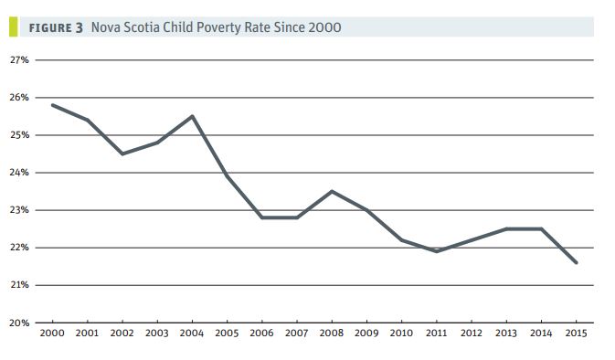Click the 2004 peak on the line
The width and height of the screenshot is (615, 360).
coord(192,116)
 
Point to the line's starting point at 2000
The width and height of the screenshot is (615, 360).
coord(52,105)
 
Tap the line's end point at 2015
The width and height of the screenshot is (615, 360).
coord(577,262)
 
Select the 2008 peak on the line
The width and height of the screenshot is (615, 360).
coord(332,191)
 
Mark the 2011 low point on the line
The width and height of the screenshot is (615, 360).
coord(437,251)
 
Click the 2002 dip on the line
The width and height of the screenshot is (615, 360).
coord(122,154)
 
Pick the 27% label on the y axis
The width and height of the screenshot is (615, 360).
coord(19,60)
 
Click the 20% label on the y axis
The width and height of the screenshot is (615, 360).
coord(19,323)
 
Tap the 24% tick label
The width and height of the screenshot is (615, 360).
coord(19,173)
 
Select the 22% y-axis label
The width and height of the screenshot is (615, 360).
coord(19,248)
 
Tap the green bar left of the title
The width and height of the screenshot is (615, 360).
coord(13,27)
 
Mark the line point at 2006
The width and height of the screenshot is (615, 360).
coord(262,217)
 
